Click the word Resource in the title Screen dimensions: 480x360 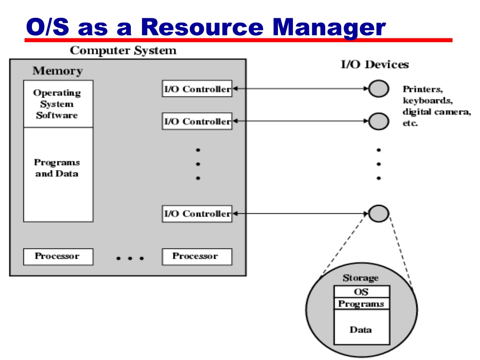(x=202, y=27)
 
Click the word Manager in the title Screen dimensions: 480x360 (x=329, y=28)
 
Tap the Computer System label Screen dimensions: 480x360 (x=123, y=51)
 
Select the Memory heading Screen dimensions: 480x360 (x=58, y=71)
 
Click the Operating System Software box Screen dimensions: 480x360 (x=58, y=104)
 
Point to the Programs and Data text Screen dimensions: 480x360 (x=57, y=168)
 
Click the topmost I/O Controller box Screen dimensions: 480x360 (x=197, y=89)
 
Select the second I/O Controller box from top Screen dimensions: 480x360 (x=197, y=121)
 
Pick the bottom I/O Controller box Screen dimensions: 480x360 (x=197, y=213)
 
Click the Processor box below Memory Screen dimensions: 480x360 (x=58, y=256)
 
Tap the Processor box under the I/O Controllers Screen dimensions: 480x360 (x=197, y=256)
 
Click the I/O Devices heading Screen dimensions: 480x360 (x=375, y=65)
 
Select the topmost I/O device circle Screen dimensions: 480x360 (x=379, y=89)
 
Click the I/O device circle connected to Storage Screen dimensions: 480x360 (x=379, y=213)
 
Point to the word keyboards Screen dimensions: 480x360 (x=427, y=101)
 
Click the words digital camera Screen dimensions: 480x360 (x=436, y=112)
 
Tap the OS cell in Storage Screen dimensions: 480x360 (x=362, y=292)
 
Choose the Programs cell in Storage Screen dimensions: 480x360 (x=362, y=303)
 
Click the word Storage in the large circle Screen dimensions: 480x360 (x=360, y=278)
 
